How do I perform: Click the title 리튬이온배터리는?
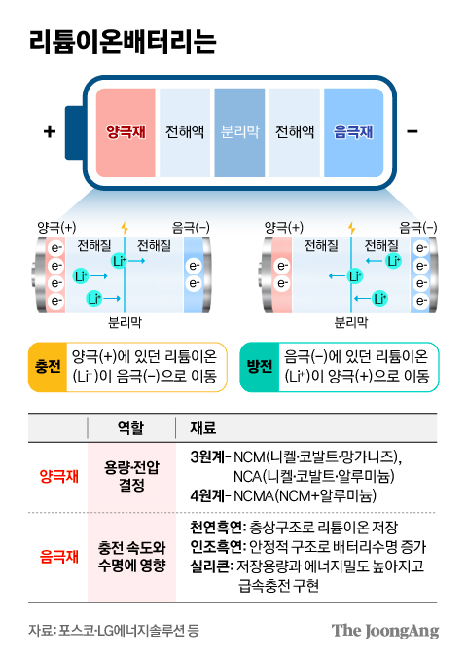click(x=123, y=42)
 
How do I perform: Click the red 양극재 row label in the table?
click(x=59, y=476)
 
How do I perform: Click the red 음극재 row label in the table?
click(x=59, y=556)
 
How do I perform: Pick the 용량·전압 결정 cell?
click(x=129, y=476)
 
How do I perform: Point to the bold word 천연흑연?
click(x=217, y=527)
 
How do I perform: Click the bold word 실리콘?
click(x=210, y=566)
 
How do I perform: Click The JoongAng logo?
click(x=385, y=629)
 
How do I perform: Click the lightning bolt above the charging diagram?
click(x=124, y=227)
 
